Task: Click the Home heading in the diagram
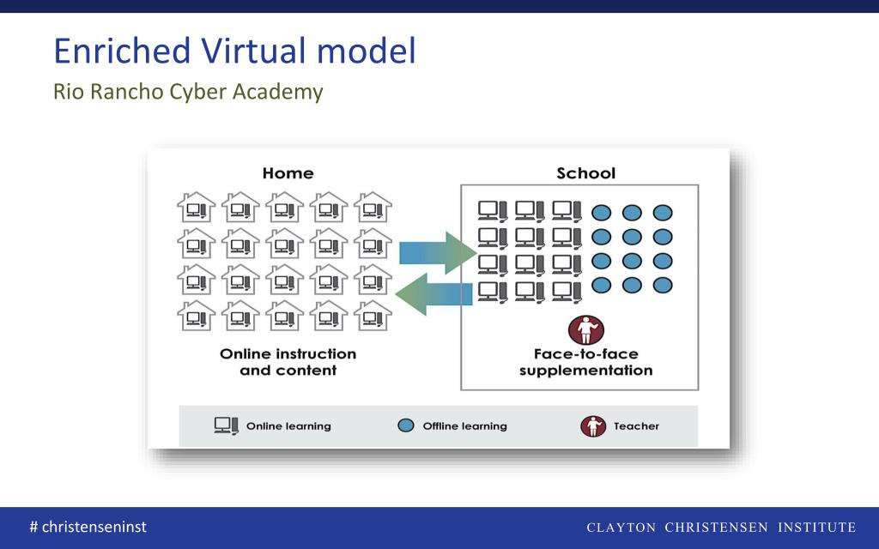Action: pyautogui.click(x=288, y=173)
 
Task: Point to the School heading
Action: pyautogui.click(x=586, y=173)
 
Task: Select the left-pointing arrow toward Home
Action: pyautogui.click(x=433, y=295)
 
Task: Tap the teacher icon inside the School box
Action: pyautogui.click(x=586, y=329)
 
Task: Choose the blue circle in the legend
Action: pyautogui.click(x=407, y=425)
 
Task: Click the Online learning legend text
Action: pyautogui.click(x=288, y=426)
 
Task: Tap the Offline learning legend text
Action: pyautogui.click(x=464, y=426)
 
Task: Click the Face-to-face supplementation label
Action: pyautogui.click(x=586, y=362)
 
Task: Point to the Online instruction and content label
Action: pyautogui.click(x=288, y=362)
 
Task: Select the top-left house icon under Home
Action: pyautogui.click(x=197, y=208)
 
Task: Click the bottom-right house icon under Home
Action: pyautogui.click(x=373, y=316)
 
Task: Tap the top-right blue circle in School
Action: pyautogui.click(x=662, y=213)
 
